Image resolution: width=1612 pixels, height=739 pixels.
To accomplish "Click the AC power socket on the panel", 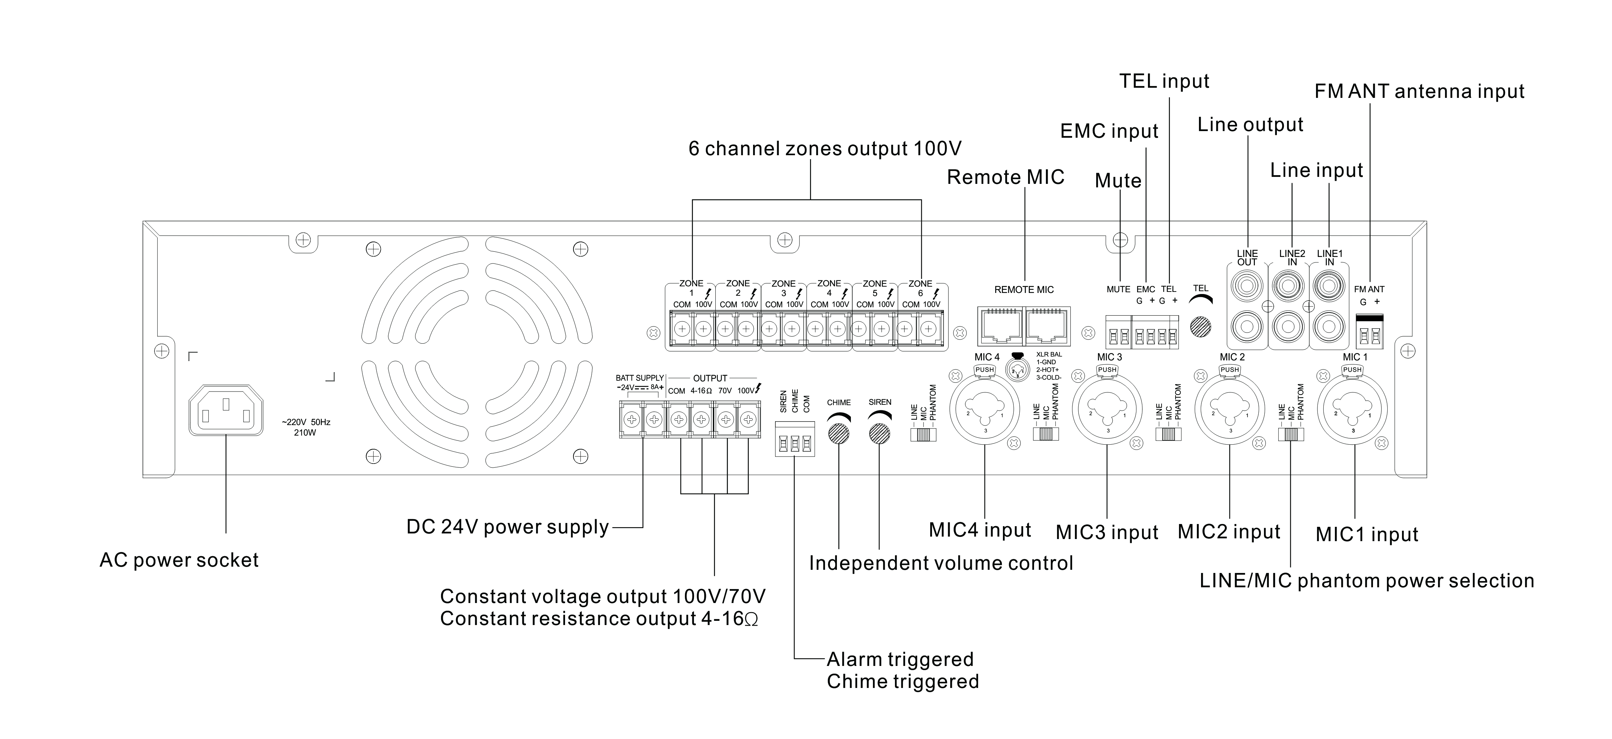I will tap(226, 410).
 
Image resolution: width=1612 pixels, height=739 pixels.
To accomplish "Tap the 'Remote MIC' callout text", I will tap(1006, 178).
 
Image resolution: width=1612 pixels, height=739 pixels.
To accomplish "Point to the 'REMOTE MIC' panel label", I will tap(1024, 290).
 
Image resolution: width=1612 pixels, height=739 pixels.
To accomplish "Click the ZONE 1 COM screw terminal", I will tap(681, 329).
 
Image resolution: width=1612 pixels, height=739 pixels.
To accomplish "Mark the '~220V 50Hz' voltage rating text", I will tap(305, 422).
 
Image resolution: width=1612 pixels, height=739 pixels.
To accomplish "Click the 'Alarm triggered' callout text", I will tap(900, 660).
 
